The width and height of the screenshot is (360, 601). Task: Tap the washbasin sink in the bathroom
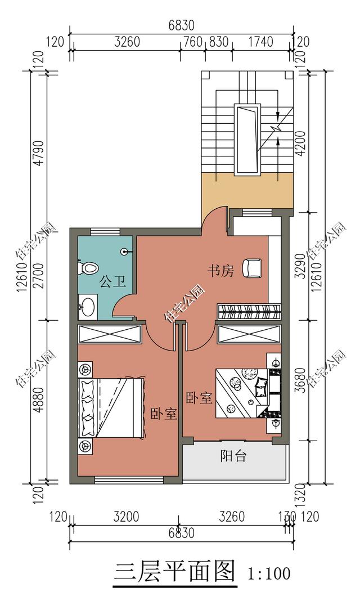(x=87, y=306)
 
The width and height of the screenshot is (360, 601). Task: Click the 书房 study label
(x=220, y=271)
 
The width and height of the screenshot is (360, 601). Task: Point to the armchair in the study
(x=253, y=267)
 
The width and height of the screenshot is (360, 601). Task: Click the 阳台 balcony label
(x=233, y=456)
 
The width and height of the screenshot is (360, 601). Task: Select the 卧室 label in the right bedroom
(x=199, y=397)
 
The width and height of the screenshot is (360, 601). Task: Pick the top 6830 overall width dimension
(x=182, y=25)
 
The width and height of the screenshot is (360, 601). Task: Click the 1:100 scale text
(x=269, y=573)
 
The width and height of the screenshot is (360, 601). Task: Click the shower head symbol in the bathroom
(x=125, y=252)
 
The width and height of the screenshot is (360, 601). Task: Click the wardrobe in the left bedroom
(x=110, y=334)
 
